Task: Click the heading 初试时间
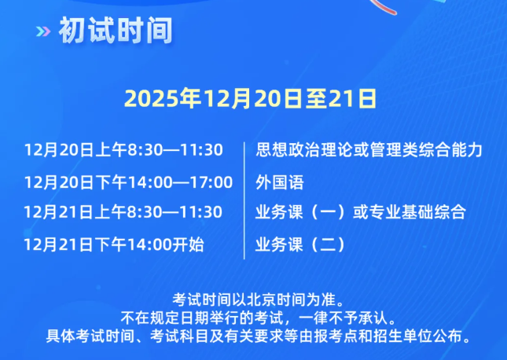click(115, 31)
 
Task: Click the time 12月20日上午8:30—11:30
click(123, 149)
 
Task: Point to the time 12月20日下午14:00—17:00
click(128, 182)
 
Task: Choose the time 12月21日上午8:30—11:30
click(123, 212)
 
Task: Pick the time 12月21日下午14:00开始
click(114, 244)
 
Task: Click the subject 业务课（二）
click(300, 244)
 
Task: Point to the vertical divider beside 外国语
click(246, 182)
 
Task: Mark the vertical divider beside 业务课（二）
click(246, 244)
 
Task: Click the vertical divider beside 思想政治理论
click(246, 149)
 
